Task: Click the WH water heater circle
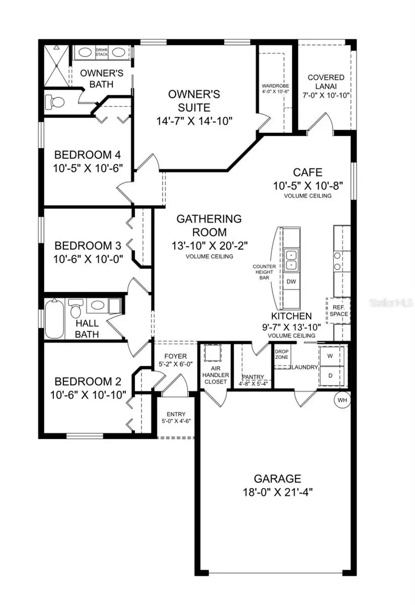pos(342,400)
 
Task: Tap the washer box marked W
pos(331,356)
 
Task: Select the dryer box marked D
pos(331,376)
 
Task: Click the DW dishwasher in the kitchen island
pos(292,281)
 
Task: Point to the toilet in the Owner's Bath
pos(55,102)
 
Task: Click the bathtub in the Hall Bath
pos(54,319)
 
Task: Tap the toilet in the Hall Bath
pos(75,309)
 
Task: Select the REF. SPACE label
pos(338,311)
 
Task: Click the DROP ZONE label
pos(282,354)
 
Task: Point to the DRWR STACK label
pos(101,52)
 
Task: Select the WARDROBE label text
pos(275,86)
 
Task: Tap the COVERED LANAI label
pos(326,82)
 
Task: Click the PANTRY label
pos(253,377)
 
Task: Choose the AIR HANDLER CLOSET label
pos(216,375)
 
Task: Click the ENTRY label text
pos(176,414)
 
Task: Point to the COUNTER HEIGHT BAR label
pos(264,272)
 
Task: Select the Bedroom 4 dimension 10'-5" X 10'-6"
pos(88,168)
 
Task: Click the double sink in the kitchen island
pos(292,259)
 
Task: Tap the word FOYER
pos(175,356)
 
